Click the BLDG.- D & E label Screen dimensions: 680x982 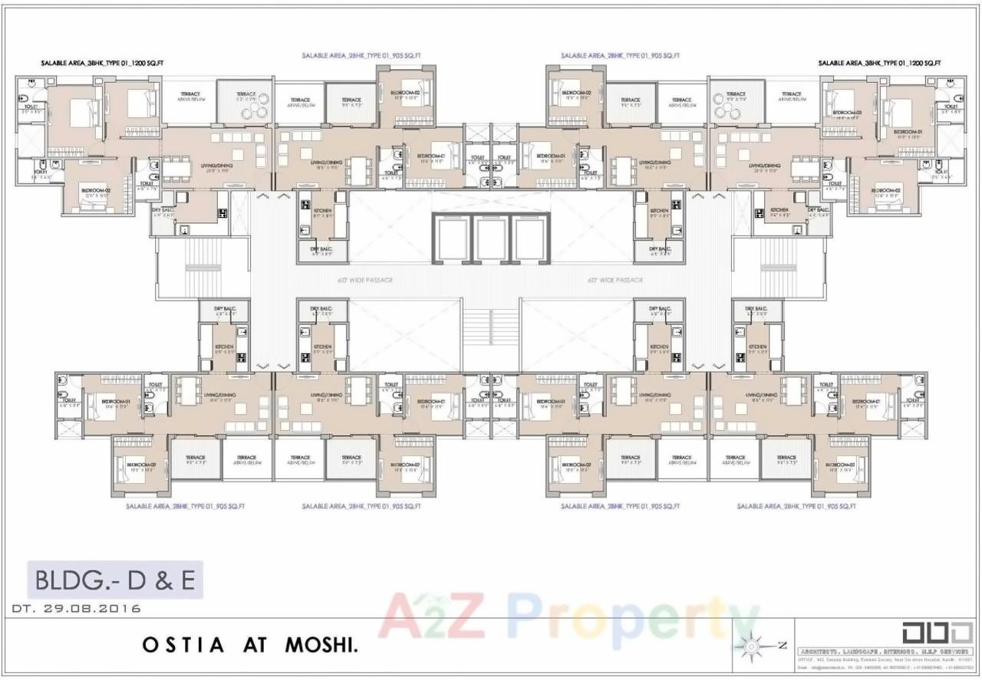click(x=115, y=580)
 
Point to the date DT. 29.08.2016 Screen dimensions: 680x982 click(x=77, y=609)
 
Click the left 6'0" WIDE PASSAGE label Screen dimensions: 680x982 click(x=365, y=281)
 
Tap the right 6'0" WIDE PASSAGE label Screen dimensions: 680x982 click(x=615, y=281)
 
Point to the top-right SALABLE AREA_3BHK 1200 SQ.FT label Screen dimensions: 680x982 click(x=879, y=64)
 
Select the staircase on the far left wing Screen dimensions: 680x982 click(x=203, y=265)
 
